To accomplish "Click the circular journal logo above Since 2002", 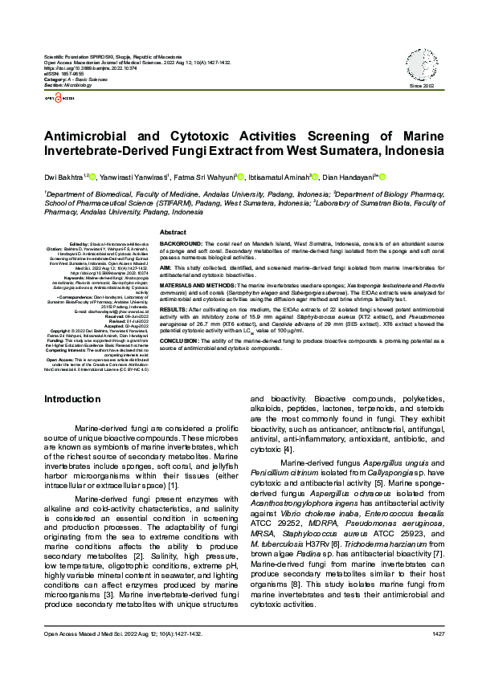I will (421, 68).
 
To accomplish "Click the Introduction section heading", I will (72, 399).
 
